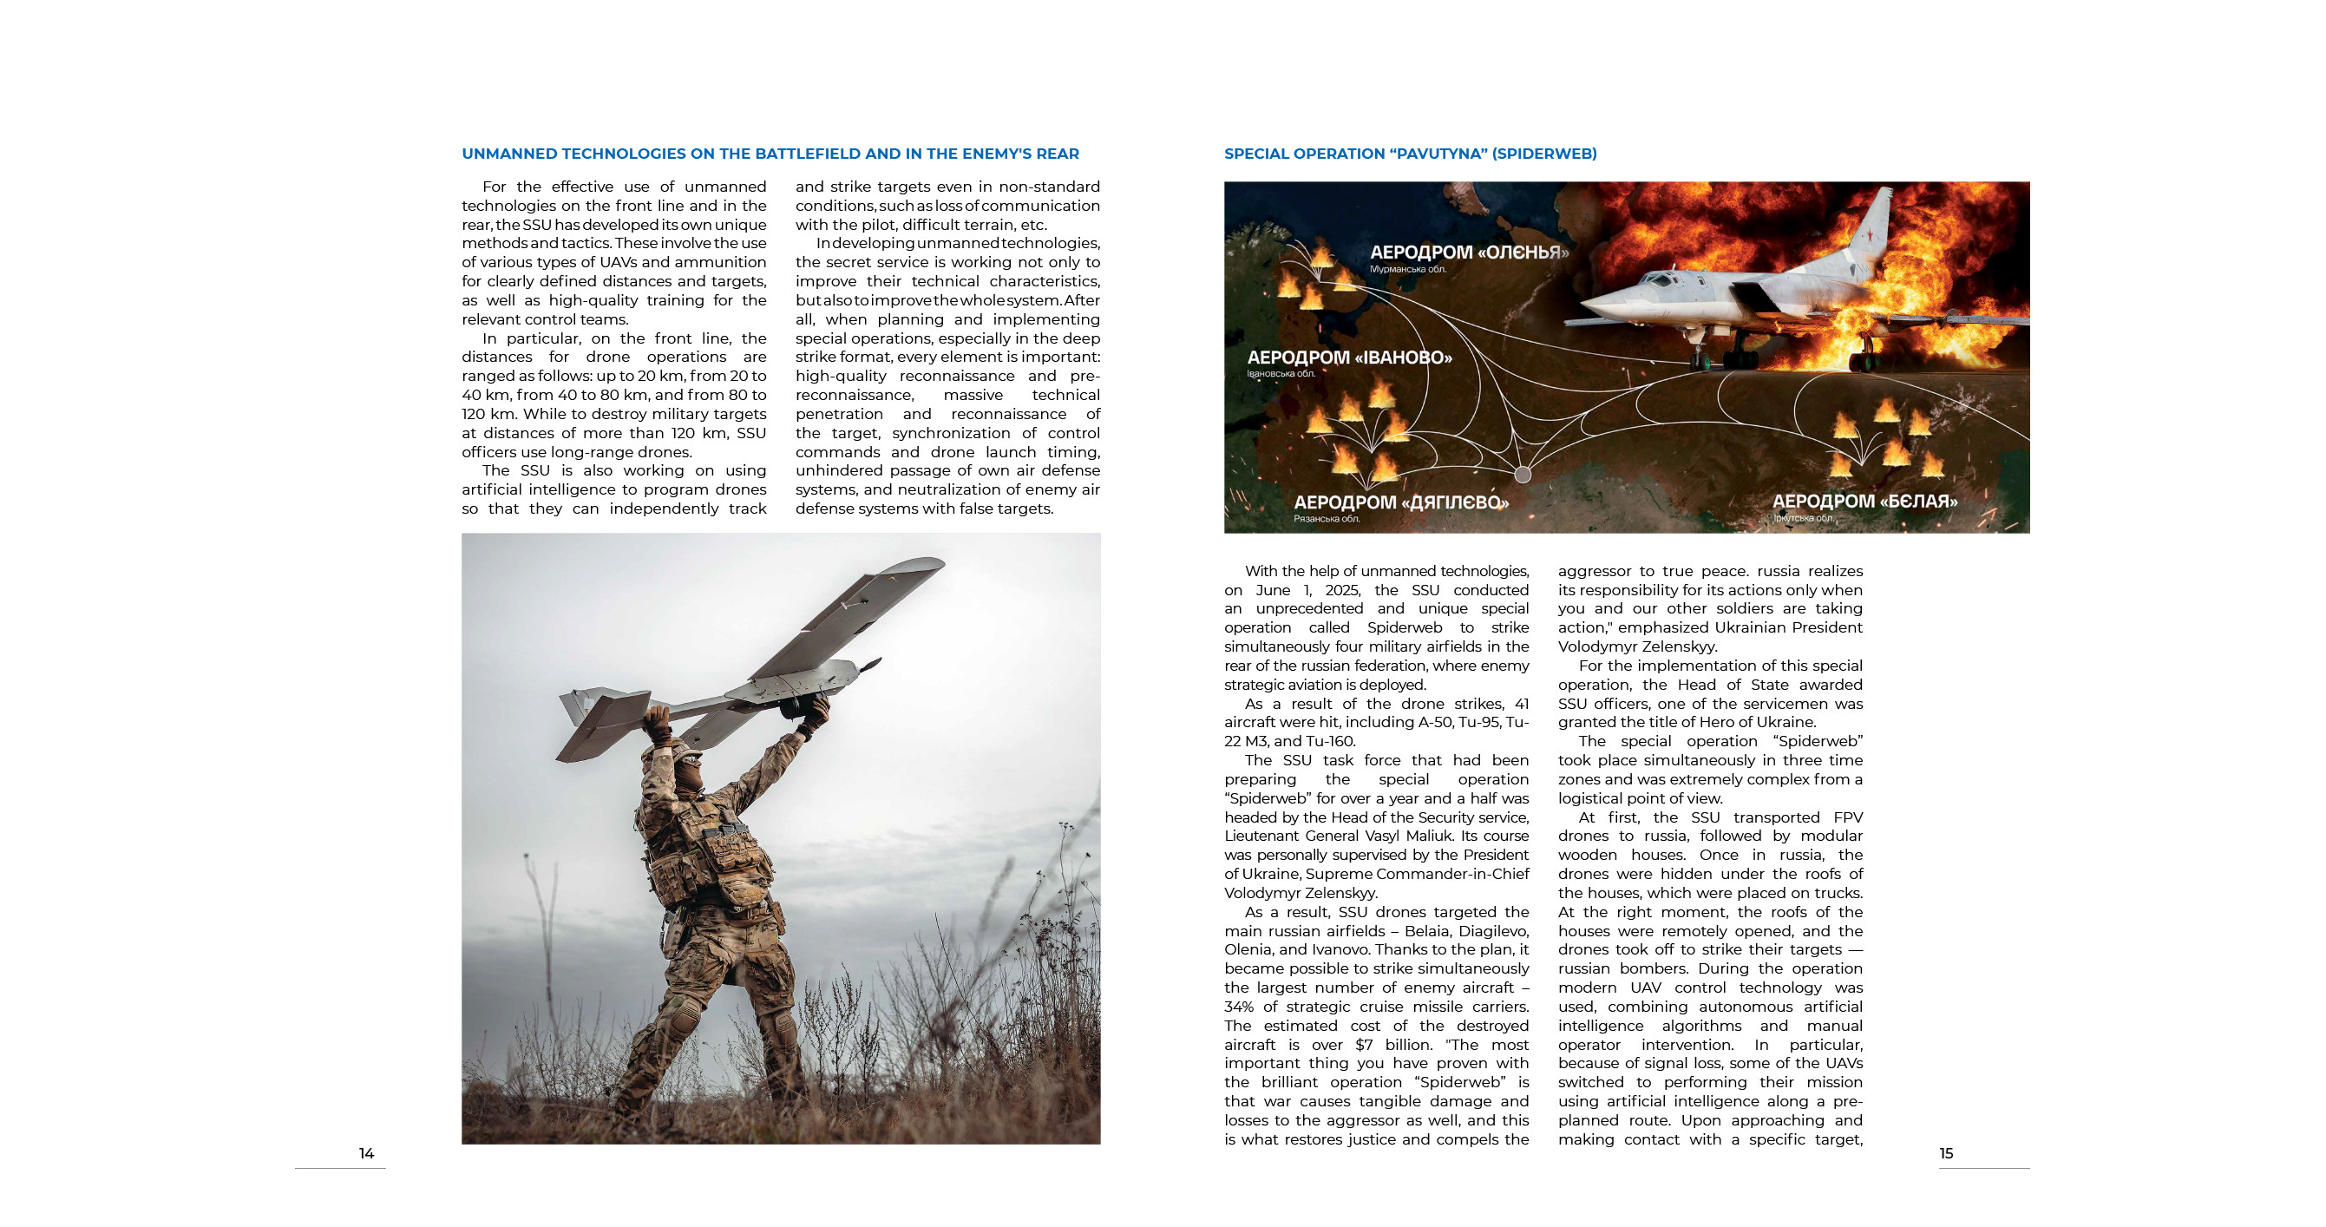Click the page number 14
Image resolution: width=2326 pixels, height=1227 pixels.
click(366, 1153)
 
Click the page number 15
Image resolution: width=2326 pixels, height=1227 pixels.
click(1946, 1153)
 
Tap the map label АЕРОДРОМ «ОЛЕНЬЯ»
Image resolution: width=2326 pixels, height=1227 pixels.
click(1469, 253)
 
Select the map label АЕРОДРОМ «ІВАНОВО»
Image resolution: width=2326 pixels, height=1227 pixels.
click(1349, 358)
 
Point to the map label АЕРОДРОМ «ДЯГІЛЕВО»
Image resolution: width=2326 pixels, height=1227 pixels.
click(1400, 503)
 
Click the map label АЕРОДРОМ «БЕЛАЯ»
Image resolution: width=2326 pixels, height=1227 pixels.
click(1864, 501)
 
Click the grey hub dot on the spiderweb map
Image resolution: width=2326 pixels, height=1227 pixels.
click(1523, 474)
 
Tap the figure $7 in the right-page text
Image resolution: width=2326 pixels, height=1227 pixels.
click(1366, 1045)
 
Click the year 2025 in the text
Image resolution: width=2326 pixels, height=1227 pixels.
click(1343, 590)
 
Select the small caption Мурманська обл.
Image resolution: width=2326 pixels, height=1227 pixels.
click(1408, 269)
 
